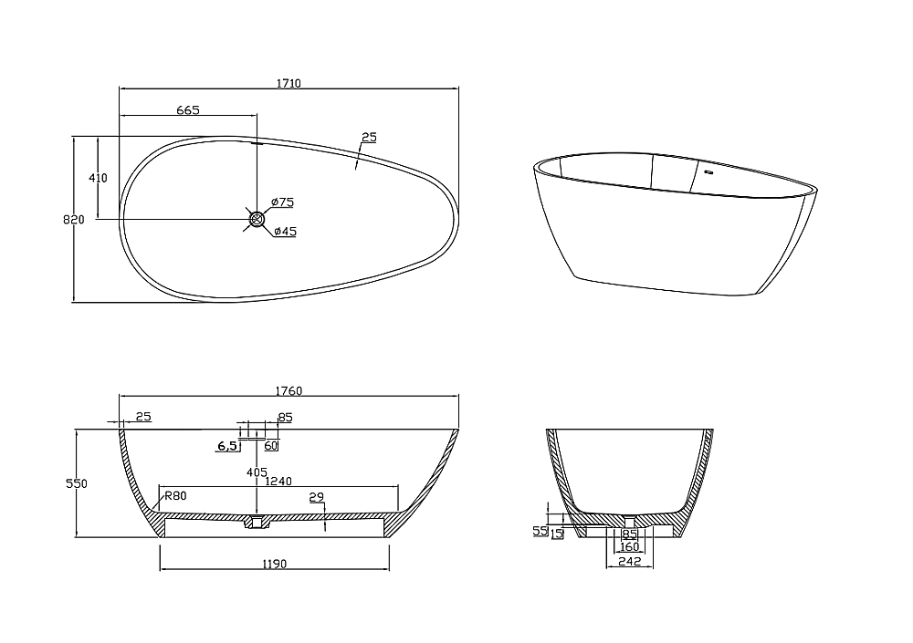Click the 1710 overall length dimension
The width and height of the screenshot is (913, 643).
click(x=289, y=83)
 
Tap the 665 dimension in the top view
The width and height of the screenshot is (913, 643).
click(x=188, y=110)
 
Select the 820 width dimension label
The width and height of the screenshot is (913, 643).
click(x=74, y=220)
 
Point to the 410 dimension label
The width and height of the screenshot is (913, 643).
click(x=98, y=178)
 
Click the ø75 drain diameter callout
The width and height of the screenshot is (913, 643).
click(x=282, y=202)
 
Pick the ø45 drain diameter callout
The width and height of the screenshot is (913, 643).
click(x=285, y=231)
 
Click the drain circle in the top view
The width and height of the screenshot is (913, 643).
click(x=257, y=220)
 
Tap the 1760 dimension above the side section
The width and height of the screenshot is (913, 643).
click(x=289, y=391)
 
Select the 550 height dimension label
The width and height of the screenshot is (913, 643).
click(x=77, y=483)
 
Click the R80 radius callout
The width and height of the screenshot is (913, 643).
click(x=175, y=496)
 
